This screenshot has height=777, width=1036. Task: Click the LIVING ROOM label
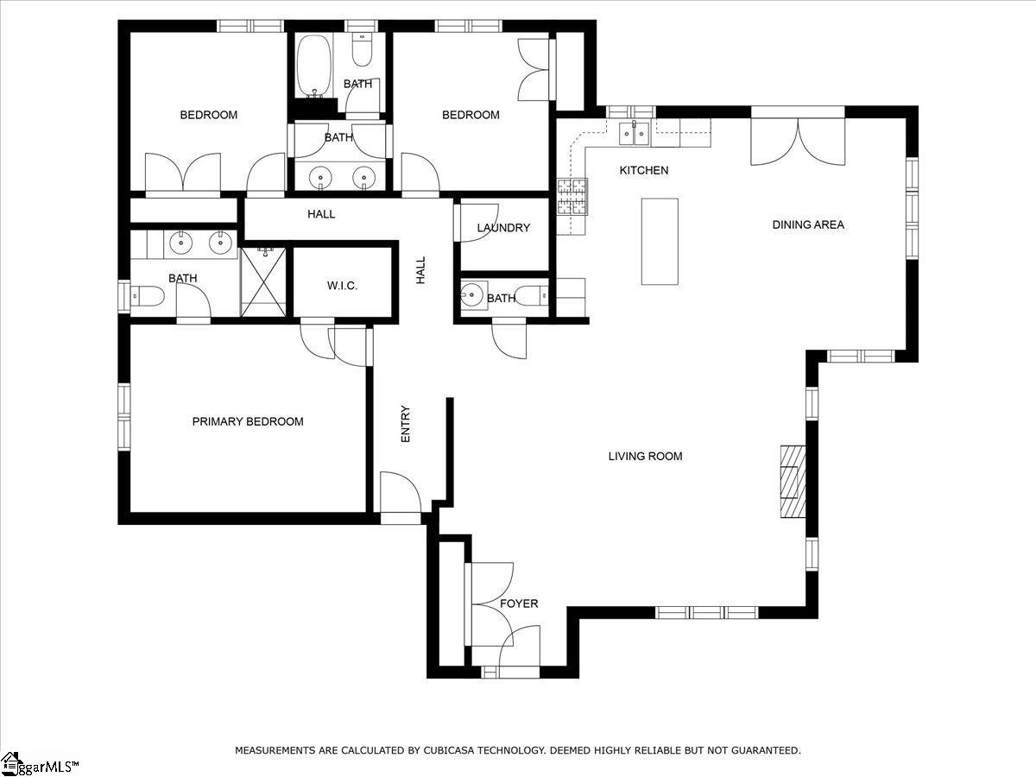[x=645, y=456]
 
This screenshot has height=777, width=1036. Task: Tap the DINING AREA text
[x=808, y=224]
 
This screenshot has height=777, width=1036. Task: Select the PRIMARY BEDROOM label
[x=248, y=421]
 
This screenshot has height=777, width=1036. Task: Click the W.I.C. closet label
[x=342, y=286]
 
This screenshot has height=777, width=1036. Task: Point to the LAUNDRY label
[x=503, y=228]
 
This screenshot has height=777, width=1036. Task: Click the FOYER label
[x=519, y=603]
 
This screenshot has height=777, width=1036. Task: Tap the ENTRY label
[x=406, y=424]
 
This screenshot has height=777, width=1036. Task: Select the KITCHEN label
[x=644, y=170]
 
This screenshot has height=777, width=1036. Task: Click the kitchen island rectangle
[x=660, y=242]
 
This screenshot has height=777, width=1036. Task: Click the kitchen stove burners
[x=572, y=197]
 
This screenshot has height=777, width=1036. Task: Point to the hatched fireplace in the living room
[x=793, y=482]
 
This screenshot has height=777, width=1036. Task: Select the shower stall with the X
[x=263, y=281]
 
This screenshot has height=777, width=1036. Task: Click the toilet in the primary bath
[x=148, y=296]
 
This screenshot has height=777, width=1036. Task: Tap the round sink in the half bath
[x=472, y=295]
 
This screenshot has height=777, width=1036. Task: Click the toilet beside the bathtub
[x=363, y=49]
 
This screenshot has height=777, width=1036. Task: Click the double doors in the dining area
[x=798, y=141]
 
